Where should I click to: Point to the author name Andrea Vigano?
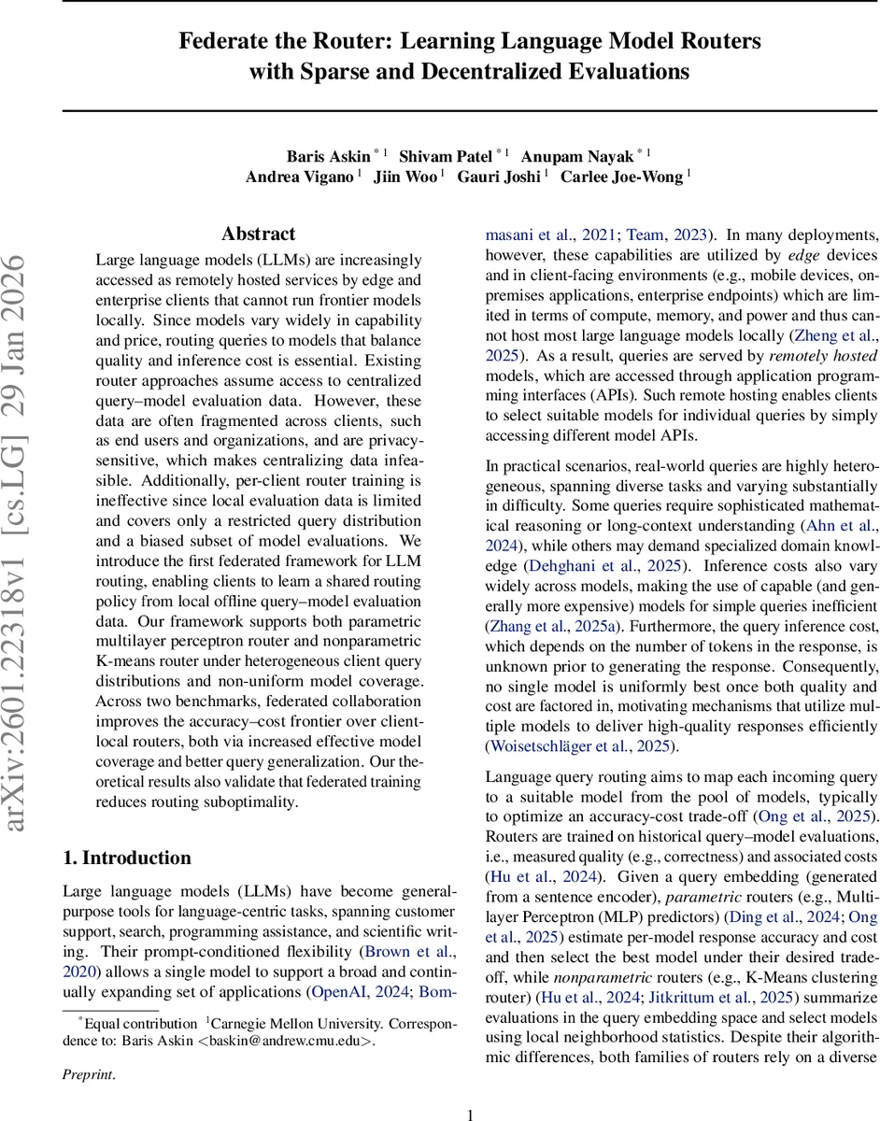[x=299, y=177]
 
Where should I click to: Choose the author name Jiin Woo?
[x=405, y=177]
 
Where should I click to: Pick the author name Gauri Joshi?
[x=498, y=177]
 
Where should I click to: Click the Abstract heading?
[x=258, y=234]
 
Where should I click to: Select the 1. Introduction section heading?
[x=126, y=858]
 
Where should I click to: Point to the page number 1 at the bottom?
[x=470, y=1089]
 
